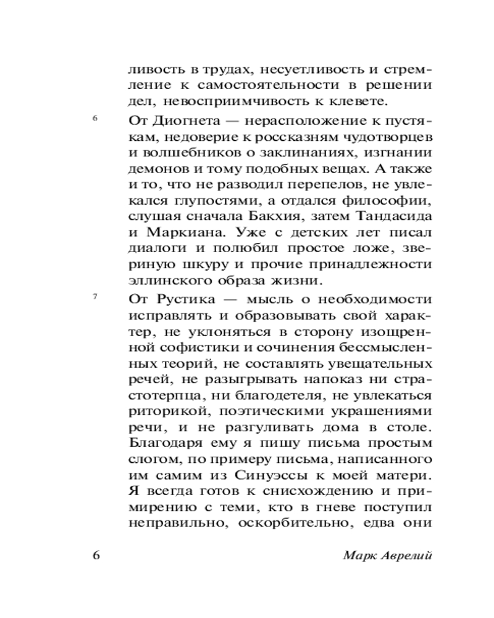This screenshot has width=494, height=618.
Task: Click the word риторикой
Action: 162,412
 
